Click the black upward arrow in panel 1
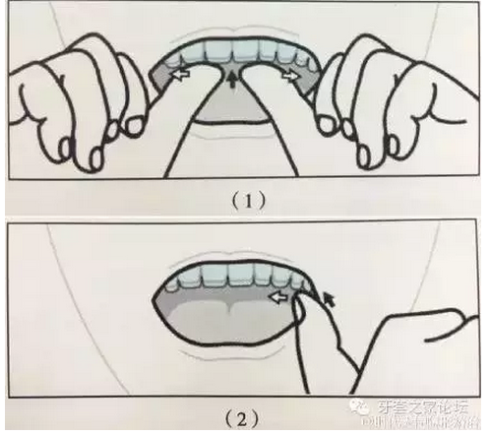233,80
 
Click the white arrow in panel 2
282,291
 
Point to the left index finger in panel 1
197,118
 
